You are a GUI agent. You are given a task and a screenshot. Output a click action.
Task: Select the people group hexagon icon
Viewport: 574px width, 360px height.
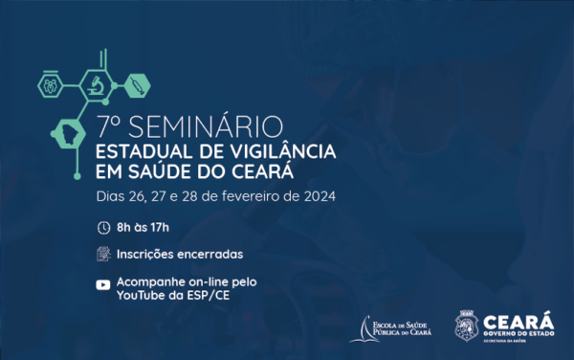pos(51,84)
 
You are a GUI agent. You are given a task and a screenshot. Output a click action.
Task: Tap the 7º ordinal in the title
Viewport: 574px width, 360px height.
pos(106,126)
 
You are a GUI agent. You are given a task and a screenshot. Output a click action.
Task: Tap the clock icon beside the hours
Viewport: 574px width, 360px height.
pos(103,228)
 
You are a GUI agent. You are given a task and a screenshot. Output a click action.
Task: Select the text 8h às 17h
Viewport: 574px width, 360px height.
pos(143,228)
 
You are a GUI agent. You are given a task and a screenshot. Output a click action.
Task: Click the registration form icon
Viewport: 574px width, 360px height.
pos(103,255)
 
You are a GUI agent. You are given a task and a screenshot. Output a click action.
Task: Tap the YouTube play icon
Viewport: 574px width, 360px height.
pos(103,284)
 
